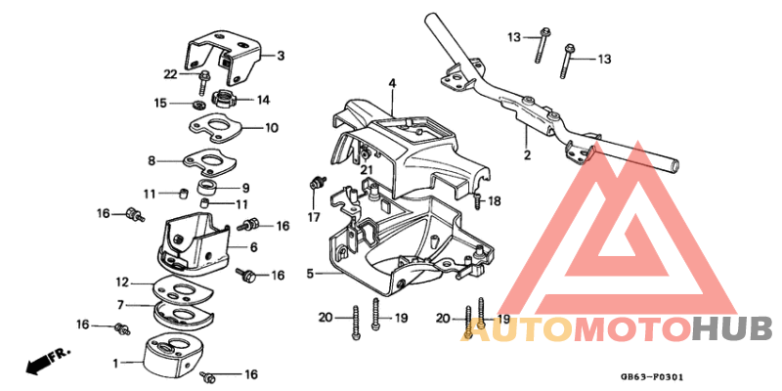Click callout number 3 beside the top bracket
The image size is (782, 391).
(x=281, y=55)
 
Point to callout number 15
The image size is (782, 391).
(x=160, y=102)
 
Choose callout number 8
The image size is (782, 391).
(x=152, y=160)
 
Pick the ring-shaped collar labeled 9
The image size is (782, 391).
(x=208, y=186)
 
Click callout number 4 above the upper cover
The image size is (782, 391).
(x=391, y=85)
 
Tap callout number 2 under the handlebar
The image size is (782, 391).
(x=527, y=154)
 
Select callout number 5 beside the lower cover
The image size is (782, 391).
(x=310, y=275)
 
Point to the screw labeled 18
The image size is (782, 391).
(x=476, y=202)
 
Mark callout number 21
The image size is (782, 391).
(x=367, y=169)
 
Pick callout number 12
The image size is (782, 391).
(x=122, y=282)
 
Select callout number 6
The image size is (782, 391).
(x=253, y=247)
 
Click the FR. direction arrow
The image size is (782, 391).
(x=39, y=364)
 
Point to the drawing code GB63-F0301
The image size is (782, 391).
(x=650, y=374)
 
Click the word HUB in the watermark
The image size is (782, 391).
(x=731, y=328)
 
